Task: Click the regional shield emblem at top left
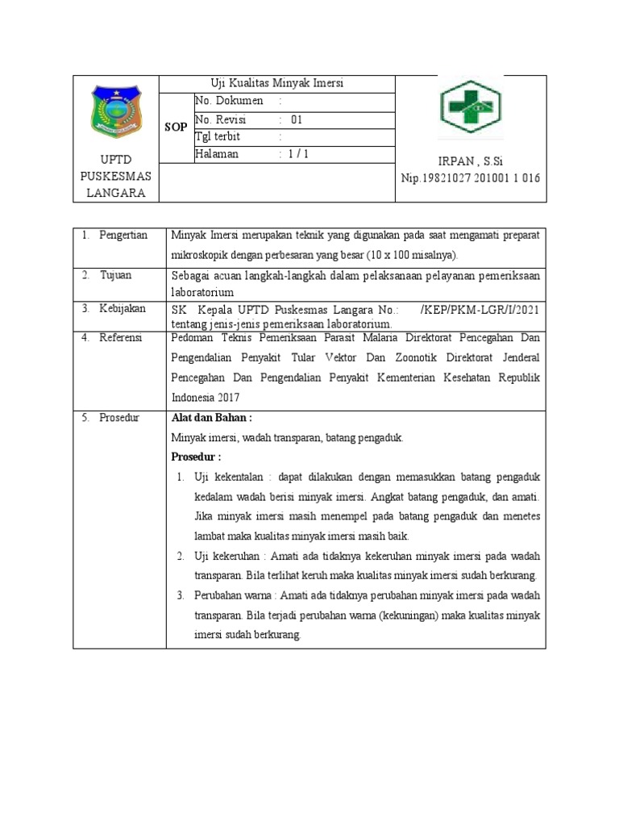pos(118,112)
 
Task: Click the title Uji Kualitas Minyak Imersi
pos(277,84)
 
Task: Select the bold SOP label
pos(176,127)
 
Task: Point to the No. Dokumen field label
pos(229,102)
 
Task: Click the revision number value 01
pos(297,119)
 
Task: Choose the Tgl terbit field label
pos(218,137)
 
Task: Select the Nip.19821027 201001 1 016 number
pos(471,178)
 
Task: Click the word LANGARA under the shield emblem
pos(118,193)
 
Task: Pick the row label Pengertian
pos(123,235)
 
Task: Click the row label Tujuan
pos(115,275)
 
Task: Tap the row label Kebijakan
pos(123,308)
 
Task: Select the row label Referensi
pos(121,337)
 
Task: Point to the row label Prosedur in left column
pos(119,417)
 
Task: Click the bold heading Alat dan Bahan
pos(212,418)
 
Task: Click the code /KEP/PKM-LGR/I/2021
pos(480,310)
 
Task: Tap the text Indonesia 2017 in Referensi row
pos(206,398)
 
